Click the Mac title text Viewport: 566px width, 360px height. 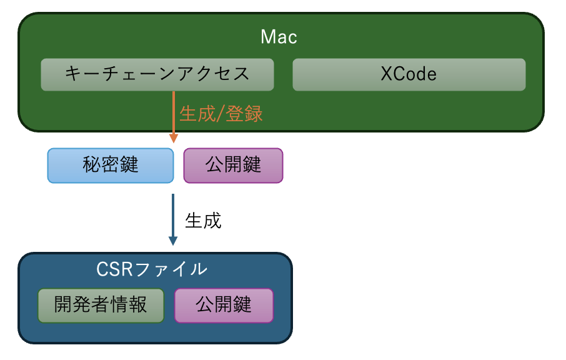[x=279, y=37]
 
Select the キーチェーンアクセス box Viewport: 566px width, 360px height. [x=157, y=75]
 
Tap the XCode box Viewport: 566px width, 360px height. [x=409, y=75]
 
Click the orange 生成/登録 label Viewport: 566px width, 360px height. [x=221, y=114]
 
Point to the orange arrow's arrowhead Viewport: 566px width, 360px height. [x=174, y=138]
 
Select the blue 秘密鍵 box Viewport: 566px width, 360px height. [x=111, y=166]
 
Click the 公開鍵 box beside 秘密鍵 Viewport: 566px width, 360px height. [x=233, y=166]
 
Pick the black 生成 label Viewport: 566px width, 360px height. [x=203, y=221]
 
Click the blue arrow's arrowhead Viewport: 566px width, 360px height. [x=173, y=241]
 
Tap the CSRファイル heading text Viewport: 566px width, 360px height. [x=152, y=269]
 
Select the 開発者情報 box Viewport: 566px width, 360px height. [x=101, y=306]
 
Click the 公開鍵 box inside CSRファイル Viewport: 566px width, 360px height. [x=224, y=306]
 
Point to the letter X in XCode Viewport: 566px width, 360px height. [x=387, y=74]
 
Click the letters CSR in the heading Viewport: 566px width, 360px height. [x=114, y=269]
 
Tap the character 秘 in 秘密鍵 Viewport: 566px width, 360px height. [x=92, y=164]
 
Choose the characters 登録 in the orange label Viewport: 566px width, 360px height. [x=244, y=114]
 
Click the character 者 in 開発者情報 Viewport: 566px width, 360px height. [x=101, y=304]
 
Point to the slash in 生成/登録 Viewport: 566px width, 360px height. [x=220, y=114]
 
